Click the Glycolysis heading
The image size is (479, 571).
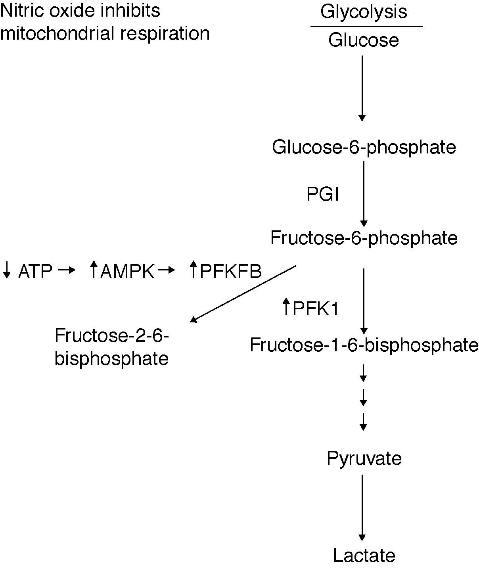[363, 11]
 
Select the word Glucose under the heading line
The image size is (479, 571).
[363, 40]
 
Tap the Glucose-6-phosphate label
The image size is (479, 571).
[364, 148]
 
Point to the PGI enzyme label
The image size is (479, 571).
[323, 195]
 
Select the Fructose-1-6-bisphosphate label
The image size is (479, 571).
[364, 345]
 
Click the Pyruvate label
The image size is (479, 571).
[364, 458]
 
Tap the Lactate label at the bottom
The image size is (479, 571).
[364, 556]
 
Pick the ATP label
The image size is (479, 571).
[35, 272]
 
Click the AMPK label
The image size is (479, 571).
[127, 272]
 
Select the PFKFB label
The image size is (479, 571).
[230, 272]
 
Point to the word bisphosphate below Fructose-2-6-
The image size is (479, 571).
[111, 359]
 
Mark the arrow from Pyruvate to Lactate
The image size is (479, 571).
[362, 508]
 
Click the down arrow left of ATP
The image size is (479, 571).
[6, 270]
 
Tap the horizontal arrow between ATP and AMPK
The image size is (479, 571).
[67, 270]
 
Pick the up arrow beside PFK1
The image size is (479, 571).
[286, 307]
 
